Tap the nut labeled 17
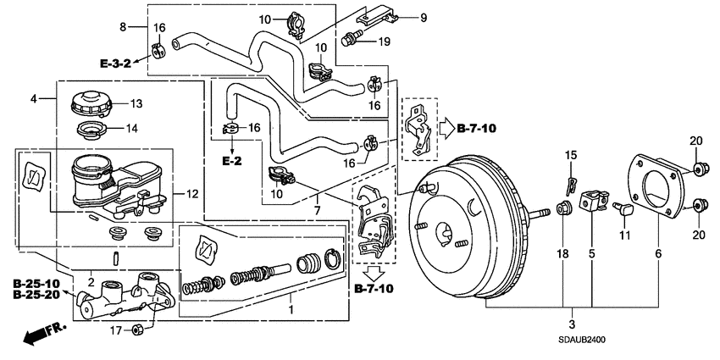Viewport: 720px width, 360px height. click(137, 330)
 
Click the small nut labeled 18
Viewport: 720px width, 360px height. click(562, 208)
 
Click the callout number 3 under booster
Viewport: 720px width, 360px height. click(573, 324)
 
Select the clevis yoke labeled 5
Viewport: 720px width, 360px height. click(590, 204)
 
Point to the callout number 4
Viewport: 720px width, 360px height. click(34, 99)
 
